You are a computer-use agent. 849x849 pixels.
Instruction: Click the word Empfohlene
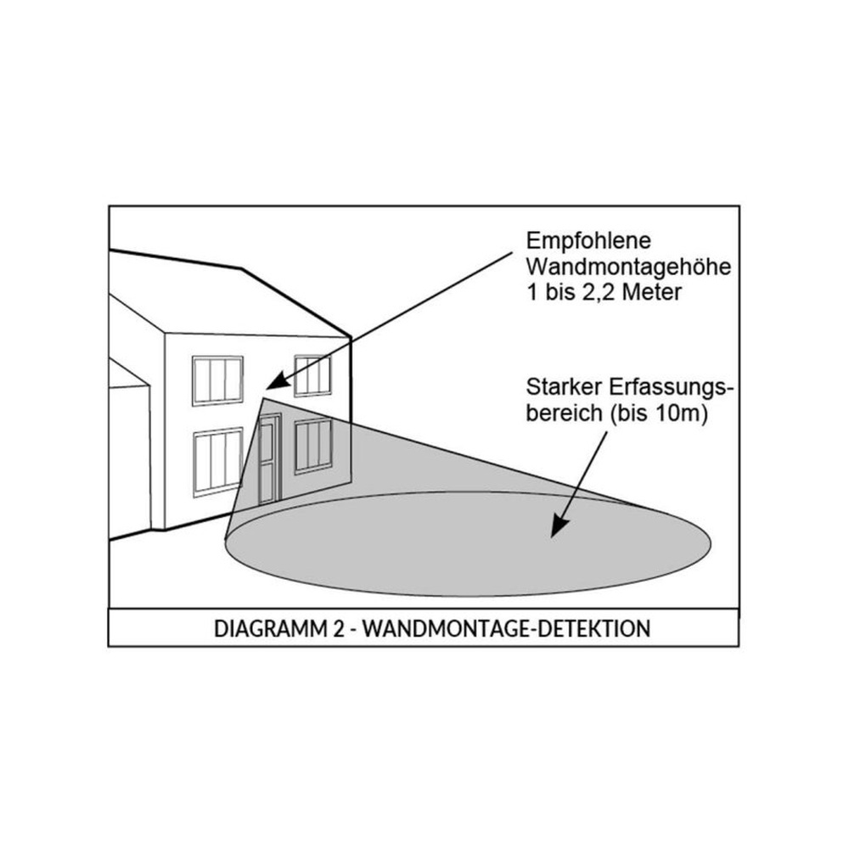click(x=588, y=241)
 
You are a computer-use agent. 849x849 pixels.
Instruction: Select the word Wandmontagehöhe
click(x=628, y=267)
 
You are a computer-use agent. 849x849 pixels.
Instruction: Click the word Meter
click(x=652, y=292)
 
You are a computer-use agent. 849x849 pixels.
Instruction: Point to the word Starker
click(x=565, y=387)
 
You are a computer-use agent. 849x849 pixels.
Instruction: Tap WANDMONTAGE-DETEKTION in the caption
click(x=506, y=628)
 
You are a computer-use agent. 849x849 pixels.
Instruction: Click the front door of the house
click(x=269, y=459)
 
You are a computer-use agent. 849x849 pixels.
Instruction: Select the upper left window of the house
click(x=217, y=380)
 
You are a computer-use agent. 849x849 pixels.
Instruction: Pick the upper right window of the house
click(x=313, y=376)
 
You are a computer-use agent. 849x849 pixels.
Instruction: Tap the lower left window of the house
click(x=218, y=462)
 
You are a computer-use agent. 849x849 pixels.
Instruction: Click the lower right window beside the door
click(x=313, y=447)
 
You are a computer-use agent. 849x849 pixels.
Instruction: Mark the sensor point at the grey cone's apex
click(x=264, y=398)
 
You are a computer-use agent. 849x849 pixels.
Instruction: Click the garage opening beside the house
click(x=129, y=458)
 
